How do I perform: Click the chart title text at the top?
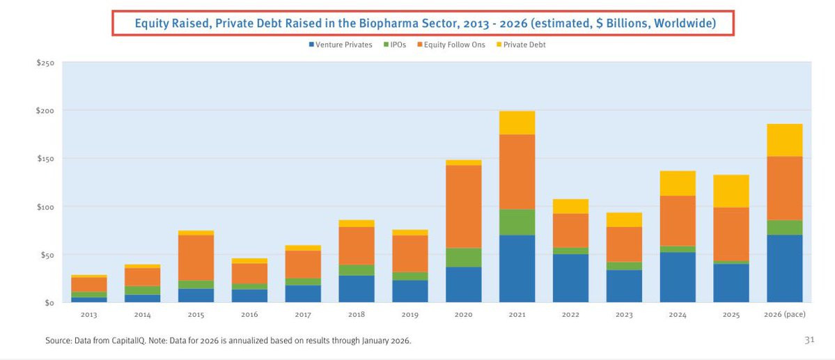coord(425,23)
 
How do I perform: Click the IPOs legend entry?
coord(396,45)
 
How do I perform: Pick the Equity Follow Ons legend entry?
coord(451,45)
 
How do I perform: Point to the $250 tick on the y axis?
coord(45,63)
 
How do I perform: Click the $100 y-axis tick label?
coord(45,207)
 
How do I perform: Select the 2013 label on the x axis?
coord(88,315)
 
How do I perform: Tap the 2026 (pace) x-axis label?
coord(784,315)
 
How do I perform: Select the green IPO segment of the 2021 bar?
coord(517,222)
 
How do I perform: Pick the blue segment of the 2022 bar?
coord(571,279)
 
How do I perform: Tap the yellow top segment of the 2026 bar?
coord(784,140)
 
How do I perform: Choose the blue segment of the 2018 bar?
coord(357,289)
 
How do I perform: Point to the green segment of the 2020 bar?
coord(463,258)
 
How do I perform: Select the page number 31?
coord(809,340)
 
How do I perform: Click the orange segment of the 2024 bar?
coord(678,221)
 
